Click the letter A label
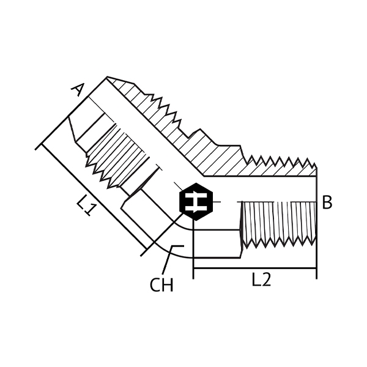pyautogui.click(x=78, y=90)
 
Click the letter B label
pyautogui.click(x=327, y=202)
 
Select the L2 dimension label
pyautogui.click(x=261, y=280)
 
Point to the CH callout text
pyautogui.click(x=161, y=285)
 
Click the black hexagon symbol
pyautogui.click(x=196, y=201)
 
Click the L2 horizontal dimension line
pyautogui.click(x=255, y=269)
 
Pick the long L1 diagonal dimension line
pyautogui.click(x=94, y=196)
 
